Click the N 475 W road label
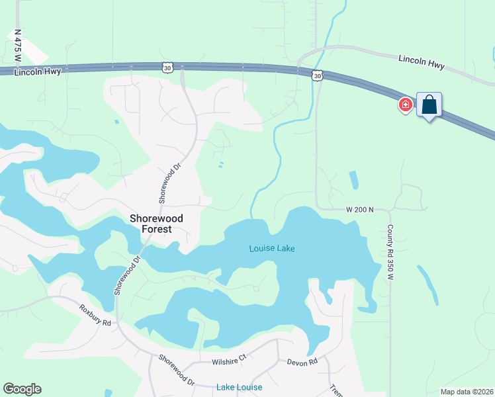17,45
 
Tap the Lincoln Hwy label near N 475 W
38,71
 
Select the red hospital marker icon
405,105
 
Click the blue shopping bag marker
429,105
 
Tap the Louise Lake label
272,249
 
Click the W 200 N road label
360,210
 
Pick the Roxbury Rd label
95,314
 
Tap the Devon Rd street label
302,362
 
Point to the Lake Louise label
239,387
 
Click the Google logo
22,389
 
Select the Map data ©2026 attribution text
466,392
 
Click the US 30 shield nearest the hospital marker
318,77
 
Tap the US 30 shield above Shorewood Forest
168,67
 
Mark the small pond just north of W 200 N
353,180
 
